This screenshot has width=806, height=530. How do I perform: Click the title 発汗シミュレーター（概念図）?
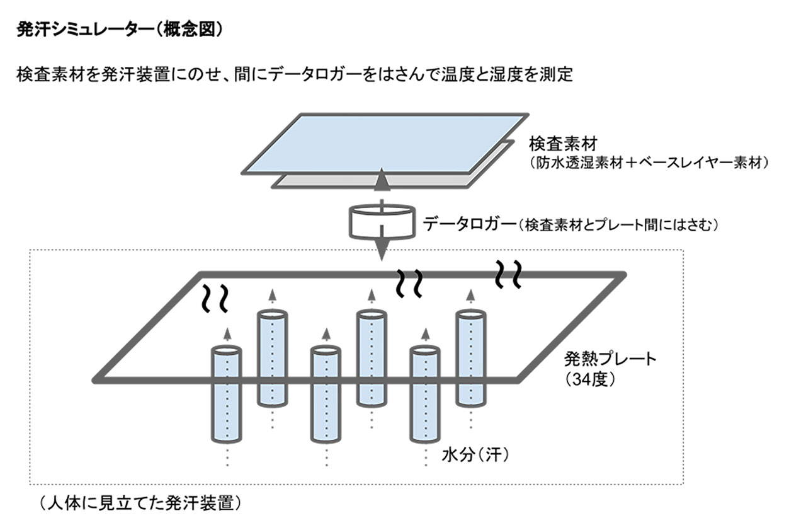pyautogui.click(x=119, y=31)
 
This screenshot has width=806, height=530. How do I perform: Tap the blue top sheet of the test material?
pyautogui.click(x=384, y=142)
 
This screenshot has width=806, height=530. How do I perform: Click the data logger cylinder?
pyautogui.click(x=381, y=220)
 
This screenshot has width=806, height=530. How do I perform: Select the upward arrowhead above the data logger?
pyautogui.click(x=381, y=182)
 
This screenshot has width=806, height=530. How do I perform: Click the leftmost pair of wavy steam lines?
pyautogui.click(x=215, y=299)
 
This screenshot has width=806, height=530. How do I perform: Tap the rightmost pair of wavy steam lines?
pyautogui.click(x=508, y=272)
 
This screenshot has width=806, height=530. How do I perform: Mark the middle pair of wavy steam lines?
pyautogui.click(x=409, y=283)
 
